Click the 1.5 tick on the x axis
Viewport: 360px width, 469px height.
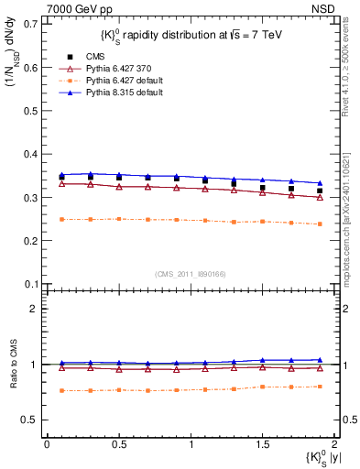pos(263,444)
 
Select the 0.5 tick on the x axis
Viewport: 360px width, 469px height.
pos(119,444)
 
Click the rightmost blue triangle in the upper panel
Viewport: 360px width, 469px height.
pos(320,183)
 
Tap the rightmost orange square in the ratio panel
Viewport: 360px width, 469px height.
pos(320,387)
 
